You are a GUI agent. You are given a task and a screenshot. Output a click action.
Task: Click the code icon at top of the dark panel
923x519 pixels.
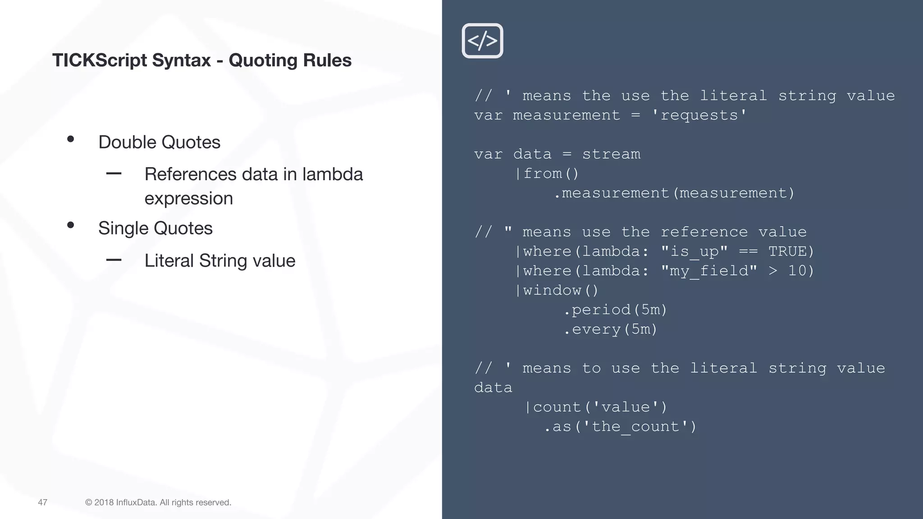(x=482, y=41)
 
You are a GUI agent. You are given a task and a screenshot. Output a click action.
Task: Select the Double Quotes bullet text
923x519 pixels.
(x=159, y=142)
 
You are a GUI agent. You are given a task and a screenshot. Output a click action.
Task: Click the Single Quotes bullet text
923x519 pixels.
(x=155, y=228)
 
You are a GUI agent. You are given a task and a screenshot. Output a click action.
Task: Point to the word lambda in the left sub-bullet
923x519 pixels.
(x=332, y=174)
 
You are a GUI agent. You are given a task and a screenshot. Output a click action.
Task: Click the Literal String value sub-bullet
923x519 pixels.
(x=219, y=261)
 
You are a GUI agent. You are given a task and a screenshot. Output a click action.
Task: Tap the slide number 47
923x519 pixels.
(x=42, y=502)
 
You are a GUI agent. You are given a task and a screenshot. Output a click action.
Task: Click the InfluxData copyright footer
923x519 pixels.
(x=158, y=502)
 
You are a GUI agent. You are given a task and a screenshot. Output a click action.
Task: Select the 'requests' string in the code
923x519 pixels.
(x=699, y=115)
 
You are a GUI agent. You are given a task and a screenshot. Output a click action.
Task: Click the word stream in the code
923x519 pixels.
(x=611, y=154)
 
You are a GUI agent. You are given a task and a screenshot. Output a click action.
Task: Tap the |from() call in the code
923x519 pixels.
(x=547, y=173)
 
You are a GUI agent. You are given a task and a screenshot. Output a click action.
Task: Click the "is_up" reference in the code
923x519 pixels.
(x=694, y=251)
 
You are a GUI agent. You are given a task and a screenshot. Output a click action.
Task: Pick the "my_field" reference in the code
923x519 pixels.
(x=709, y=271)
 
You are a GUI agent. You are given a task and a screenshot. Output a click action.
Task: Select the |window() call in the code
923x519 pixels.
(x=557, y=290)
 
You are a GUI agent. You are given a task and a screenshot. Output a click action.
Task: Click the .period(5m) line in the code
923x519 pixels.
(x=615, y=310)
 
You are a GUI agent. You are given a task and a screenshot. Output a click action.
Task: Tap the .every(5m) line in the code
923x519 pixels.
(x=610, y=329)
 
